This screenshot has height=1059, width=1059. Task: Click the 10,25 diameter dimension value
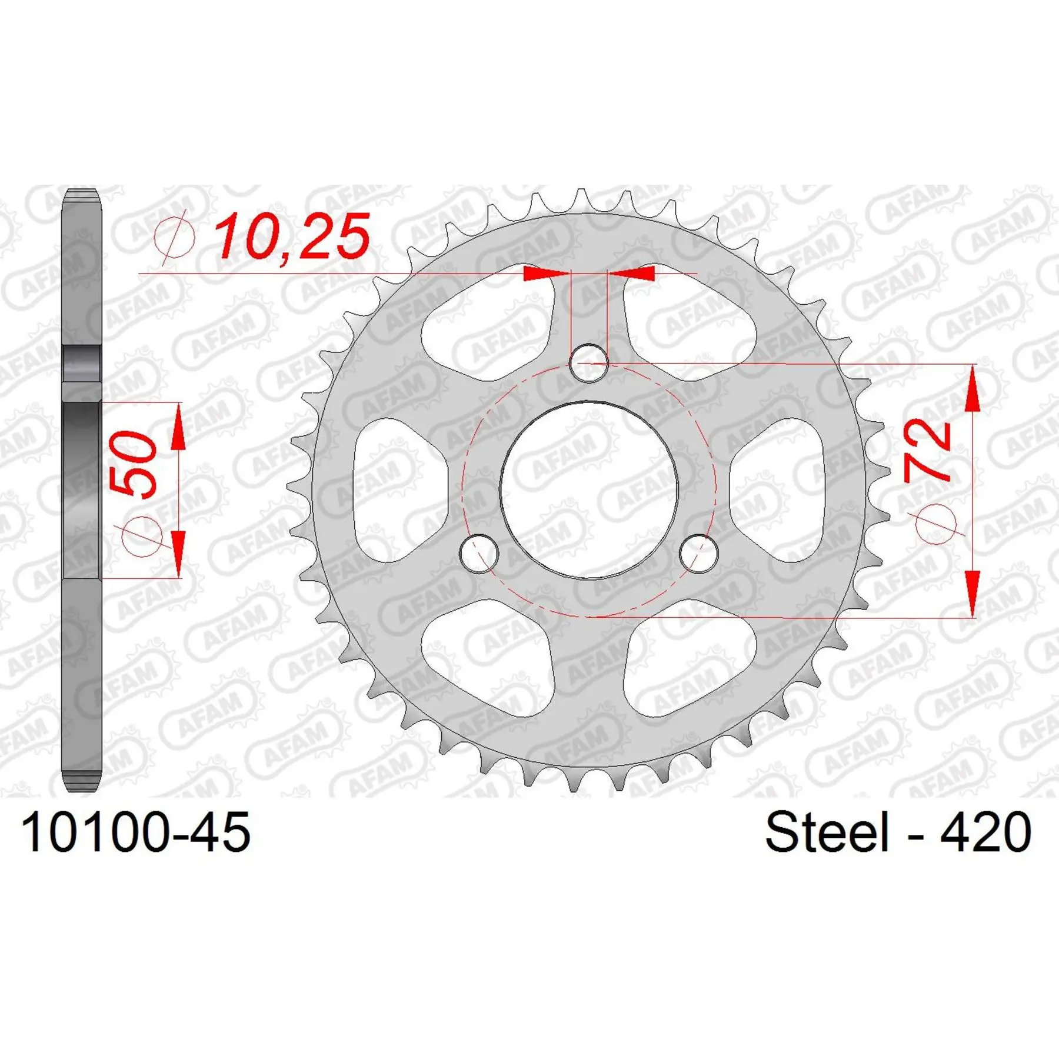click(292, 237)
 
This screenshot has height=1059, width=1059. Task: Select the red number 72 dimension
click(928, 449)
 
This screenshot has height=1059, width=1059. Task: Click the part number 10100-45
click(136, 832)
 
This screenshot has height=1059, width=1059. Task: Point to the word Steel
click(827, 832)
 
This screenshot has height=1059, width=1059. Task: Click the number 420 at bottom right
click(985, 832)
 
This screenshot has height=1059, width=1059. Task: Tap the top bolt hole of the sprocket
click(589, 364)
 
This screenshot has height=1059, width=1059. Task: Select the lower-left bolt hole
click(479, 554)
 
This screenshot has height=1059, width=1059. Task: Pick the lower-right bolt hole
click(699, 554)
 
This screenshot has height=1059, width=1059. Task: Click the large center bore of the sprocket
click(589, 490)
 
